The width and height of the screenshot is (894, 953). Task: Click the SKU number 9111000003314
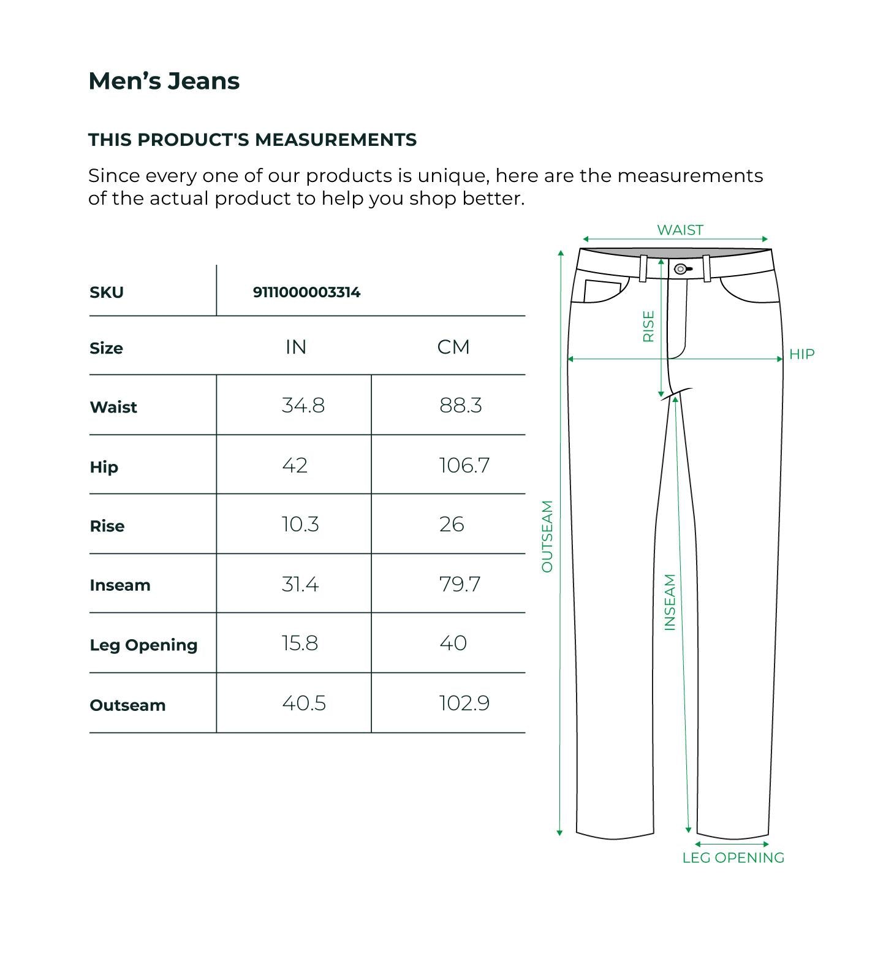pos(306,292)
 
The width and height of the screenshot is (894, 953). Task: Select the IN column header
pos(296,347)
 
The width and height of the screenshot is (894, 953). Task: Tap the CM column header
pos(453,347)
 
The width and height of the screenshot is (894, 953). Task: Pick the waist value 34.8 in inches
pos(303,406)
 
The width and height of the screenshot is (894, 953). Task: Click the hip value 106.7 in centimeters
pos(464,466)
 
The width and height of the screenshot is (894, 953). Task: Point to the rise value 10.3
pos(300,525)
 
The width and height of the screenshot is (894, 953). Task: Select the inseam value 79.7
pos(460,585)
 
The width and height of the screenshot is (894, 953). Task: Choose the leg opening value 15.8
pos(300,644)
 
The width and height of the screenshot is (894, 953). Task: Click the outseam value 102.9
pos(464,704)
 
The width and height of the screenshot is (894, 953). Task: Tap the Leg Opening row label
pos(143,645)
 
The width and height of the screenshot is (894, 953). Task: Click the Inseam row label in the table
pos(120,585)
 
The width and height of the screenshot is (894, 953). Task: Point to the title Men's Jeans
pos(164,81)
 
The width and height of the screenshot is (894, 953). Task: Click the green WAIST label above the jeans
pos(680,230)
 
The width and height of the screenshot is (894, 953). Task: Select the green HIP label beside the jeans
pos(801,354)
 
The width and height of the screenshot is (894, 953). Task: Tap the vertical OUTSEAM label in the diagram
pos(547,536)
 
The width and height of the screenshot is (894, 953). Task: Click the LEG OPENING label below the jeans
pos(733,857)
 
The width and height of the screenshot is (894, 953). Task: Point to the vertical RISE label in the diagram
pos(648,326)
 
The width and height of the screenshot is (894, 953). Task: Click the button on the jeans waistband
pos(680,269)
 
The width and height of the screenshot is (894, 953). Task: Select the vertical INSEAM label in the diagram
pos(670,602)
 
